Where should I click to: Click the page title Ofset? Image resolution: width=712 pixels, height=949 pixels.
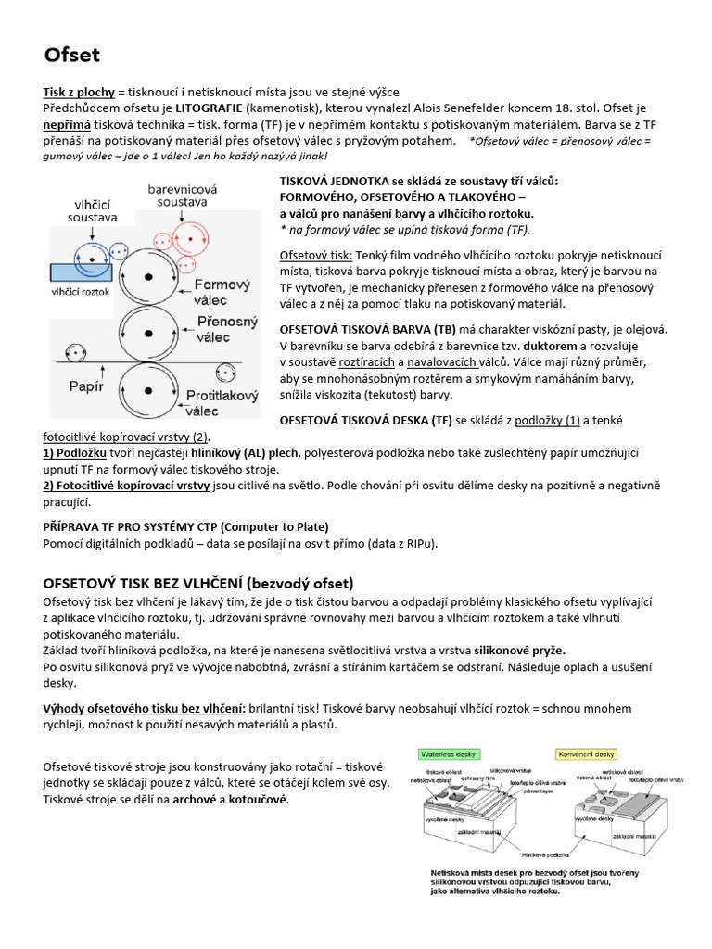(72, 56)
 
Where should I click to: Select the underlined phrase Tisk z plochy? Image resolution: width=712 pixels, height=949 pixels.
(79, 92)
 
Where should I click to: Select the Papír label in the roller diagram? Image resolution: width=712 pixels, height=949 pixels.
(86, 386)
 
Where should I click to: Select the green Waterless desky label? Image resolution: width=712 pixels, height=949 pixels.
(449, 753)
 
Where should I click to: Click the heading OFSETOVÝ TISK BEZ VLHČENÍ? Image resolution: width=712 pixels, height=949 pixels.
(198, 583)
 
